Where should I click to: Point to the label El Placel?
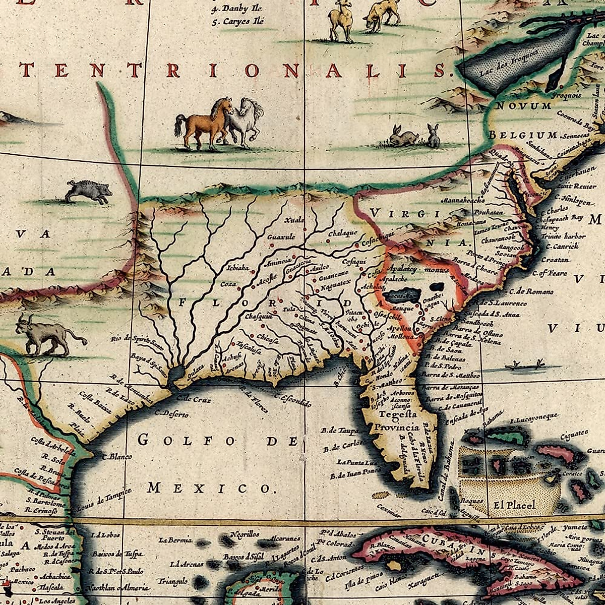pyautogui.click(x=514, y=505)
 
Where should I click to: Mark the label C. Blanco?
pyautogui.click(x=117, y=457)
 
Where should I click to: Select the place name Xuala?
pyautogui.click(x=294, y=220)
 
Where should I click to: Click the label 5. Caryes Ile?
pyautogui.click(x=238, y=22)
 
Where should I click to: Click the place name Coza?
pyautogui.click(x=228, y=284)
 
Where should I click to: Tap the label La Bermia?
pyautogui.click(x=175, y=540)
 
